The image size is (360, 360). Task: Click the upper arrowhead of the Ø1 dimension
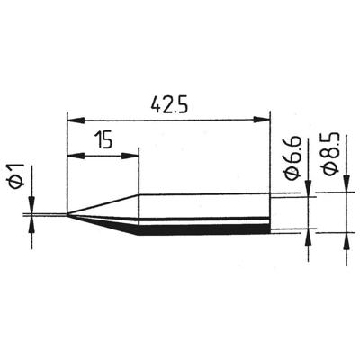pyautogui.click(x=33, y=208)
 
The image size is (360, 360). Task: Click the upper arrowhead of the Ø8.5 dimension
pyautogui.click(x=346, y=186)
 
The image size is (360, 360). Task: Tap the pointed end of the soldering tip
pyautogui.click(x=69, y=214)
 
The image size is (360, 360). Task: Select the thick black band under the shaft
pyautogui.click(x=202, y=229)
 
